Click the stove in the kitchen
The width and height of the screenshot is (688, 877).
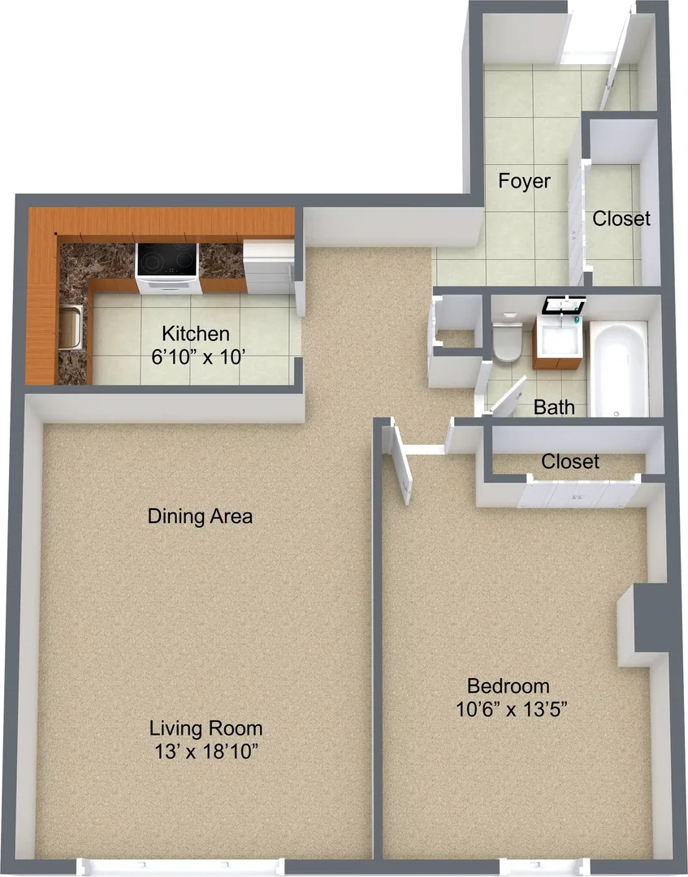pos(168,268)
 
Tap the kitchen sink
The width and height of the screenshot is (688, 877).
pos(71,326)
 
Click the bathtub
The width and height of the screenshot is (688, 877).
pos(619,369)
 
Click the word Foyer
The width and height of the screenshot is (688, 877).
pos(524,181)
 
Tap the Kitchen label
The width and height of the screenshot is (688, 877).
pos(196,334)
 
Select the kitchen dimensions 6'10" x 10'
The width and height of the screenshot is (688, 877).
pos(199,356)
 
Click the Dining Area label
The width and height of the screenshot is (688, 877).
pos(200,516)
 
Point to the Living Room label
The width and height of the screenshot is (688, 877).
pos(206,728)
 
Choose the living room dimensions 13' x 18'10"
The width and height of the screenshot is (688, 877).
pos(206,752)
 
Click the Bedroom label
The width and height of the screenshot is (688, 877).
pos(508,685)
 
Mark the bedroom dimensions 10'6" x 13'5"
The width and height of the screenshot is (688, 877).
pos(512,709)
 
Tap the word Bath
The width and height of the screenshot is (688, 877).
pos(554,407)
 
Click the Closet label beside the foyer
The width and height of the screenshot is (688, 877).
pos(621,218)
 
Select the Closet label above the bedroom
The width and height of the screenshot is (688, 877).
pos(570,461)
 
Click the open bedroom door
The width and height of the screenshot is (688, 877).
pos(401,461)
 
